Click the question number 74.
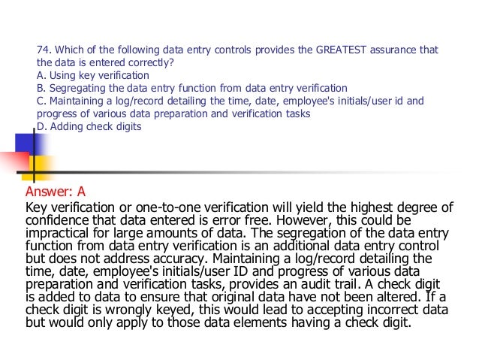point(44,50)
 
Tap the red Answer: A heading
point(56,191)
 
